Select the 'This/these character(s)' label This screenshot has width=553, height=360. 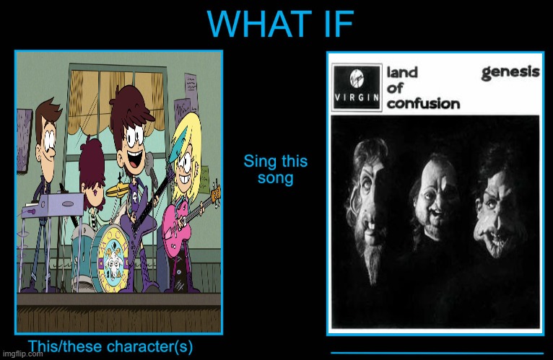pyautogui.click(x=110, y=346)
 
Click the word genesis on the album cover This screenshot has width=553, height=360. pyautogui.click(x=510, y=72)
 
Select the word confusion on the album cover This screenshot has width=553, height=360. pyautogui.click(x=423, y=103)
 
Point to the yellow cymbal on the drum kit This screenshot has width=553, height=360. pyautogui.click(x=118, y=190)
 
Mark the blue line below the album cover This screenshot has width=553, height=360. pyautogui.click(x=437, y=353)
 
